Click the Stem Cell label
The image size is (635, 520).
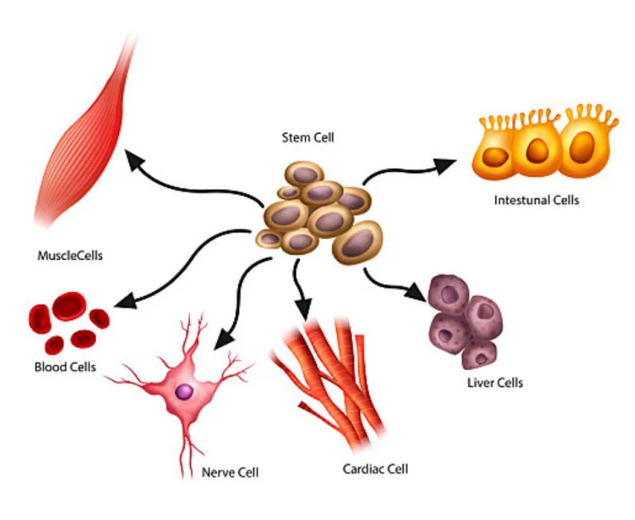[x=308, y=138]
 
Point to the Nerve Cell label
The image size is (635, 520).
[x=230, y=472]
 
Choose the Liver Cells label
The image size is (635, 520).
[x=495, y=383]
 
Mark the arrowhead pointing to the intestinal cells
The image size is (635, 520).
[x=445, y=165]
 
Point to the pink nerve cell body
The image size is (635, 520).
[x=188, y=385]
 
